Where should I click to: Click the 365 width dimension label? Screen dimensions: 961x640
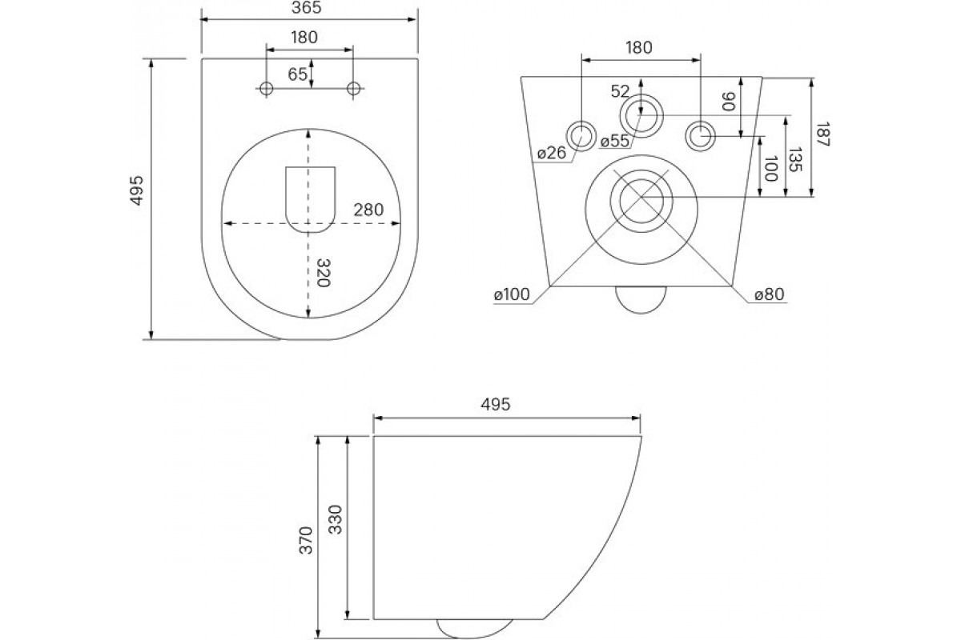(x=306, y=8)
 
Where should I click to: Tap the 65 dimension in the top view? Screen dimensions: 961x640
(x=297, y=74)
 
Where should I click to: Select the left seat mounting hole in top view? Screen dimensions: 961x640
(x=267, y=88)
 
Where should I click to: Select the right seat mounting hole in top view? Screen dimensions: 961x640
(x=353, y=88)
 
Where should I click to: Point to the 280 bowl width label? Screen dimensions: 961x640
(x=368, y=210)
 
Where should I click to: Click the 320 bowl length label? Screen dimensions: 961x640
(x=323, y=273)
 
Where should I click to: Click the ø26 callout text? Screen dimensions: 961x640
(x=552, y=153)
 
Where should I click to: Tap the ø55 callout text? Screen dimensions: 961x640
(x=615, y=141)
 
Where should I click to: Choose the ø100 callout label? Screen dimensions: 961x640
(x=512, y=294)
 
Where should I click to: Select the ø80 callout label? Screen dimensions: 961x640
(x=770, y=294)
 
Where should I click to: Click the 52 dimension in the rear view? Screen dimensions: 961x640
(x=620, y=91)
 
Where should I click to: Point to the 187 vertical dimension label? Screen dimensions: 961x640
(x=822, y=134)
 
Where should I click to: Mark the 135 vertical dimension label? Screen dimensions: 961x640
(x=795, y=159)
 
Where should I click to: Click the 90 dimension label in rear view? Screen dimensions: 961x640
(x=729, y=102)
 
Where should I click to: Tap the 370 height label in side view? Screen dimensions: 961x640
(x=306, y=540)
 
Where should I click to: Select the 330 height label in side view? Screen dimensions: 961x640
(x=335, y=519)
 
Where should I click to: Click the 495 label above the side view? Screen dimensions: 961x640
(x=496, y=404)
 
